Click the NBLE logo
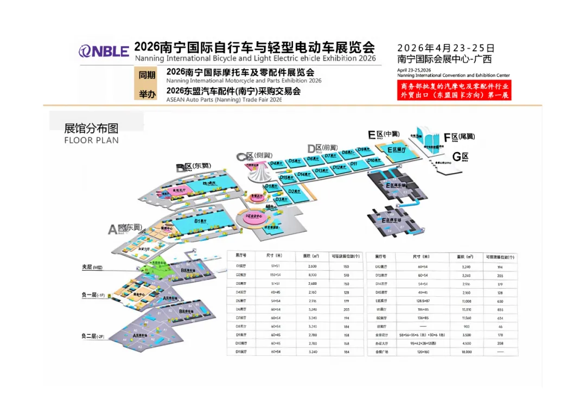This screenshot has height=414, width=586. [x=104, y=51]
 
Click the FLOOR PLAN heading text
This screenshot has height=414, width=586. [x=91, y=140]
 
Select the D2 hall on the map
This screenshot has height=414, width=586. [x=294, y=192]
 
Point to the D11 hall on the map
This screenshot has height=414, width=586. [x=354, y=163]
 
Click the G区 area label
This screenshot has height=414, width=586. [x=460, y=157]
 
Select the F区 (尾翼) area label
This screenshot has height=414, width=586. [x=458, y=137]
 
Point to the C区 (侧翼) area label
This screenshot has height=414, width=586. [x=253, y=156]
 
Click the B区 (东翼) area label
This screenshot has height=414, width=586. [x=193, y=167]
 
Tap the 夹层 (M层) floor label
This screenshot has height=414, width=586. [x=92, y=267]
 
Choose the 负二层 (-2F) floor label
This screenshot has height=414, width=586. [x=92, y=336]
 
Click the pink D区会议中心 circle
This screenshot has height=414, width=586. [x=254, y=216]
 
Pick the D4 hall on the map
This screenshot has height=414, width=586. [x=277, y=163]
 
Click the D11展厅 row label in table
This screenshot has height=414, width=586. [x=241, y=352]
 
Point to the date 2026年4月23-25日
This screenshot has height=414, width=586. [x=445, y=48]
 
